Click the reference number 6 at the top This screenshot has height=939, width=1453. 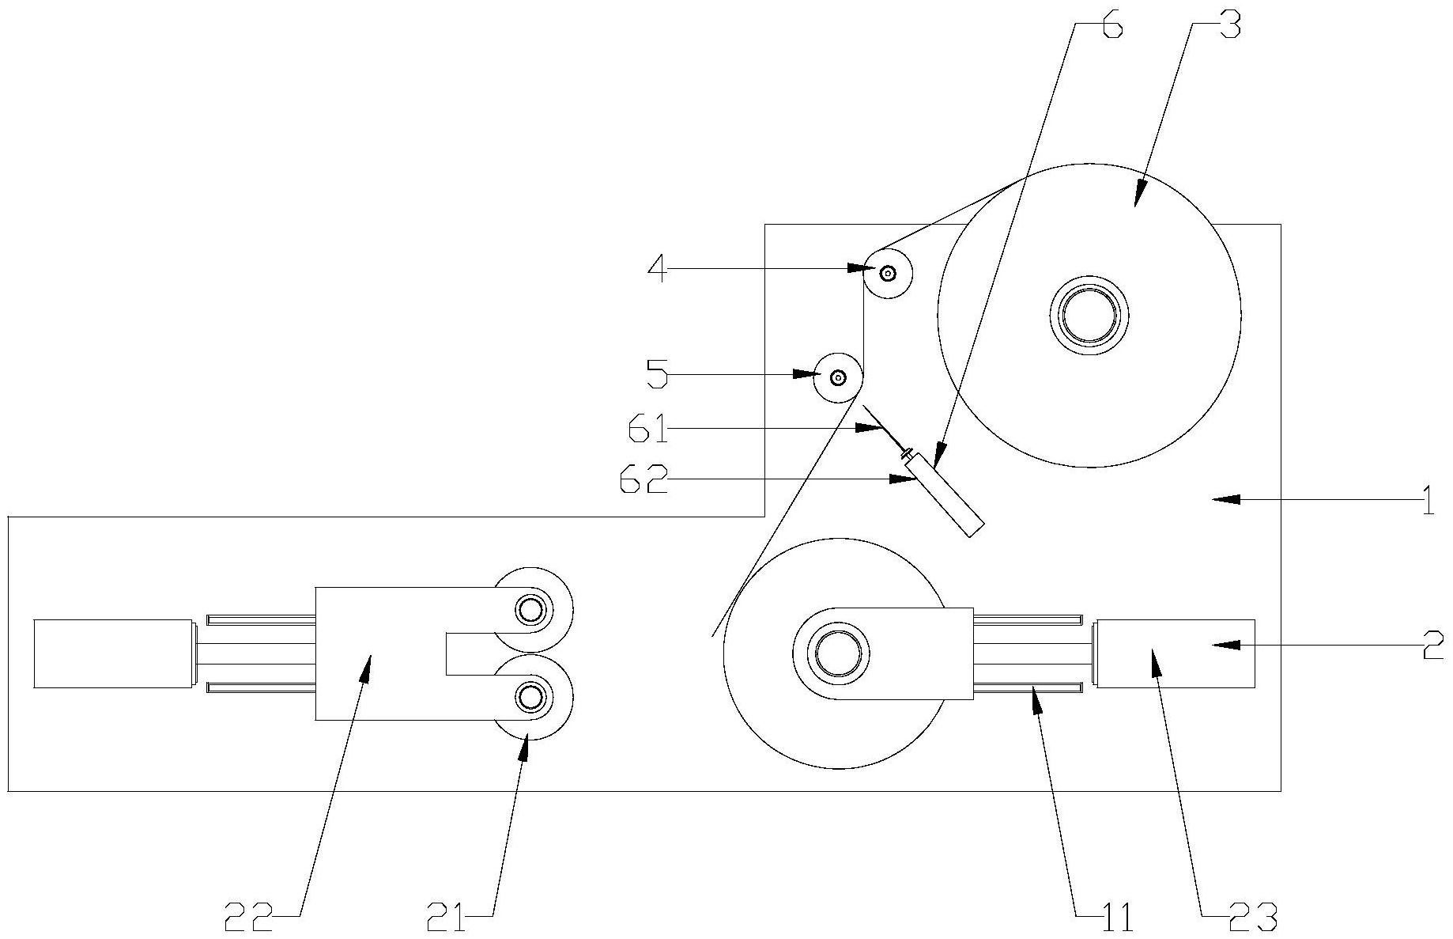tap(1110, 25)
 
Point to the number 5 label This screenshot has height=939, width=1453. tap(658, 373)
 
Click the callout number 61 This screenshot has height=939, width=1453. tap(648, 430)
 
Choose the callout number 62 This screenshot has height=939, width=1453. tap(643, 479)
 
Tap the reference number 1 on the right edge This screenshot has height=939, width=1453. tap(1428, 500)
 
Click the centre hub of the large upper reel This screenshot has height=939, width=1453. tap(1089, 316)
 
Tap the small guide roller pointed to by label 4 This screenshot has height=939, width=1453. tap(887, 273)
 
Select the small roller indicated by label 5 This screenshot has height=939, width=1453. tap(839, 377)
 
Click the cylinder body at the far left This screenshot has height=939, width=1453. tap(114, 653)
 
